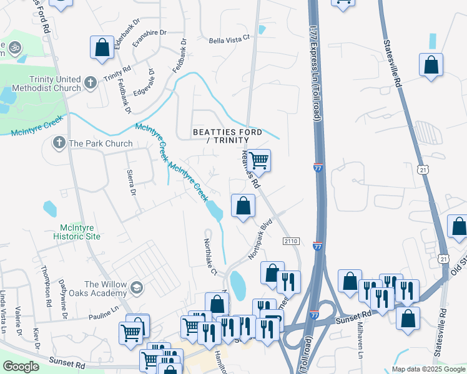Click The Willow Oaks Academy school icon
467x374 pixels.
[x=135, y=288]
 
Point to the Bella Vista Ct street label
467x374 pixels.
[x=229, y=38]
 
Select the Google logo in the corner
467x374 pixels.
[x=21, y=367]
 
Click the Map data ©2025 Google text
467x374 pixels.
[x=428, y=369]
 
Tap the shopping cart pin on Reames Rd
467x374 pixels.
[x=258, y=161]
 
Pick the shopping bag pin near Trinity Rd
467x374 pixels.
[x=101, y=47]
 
